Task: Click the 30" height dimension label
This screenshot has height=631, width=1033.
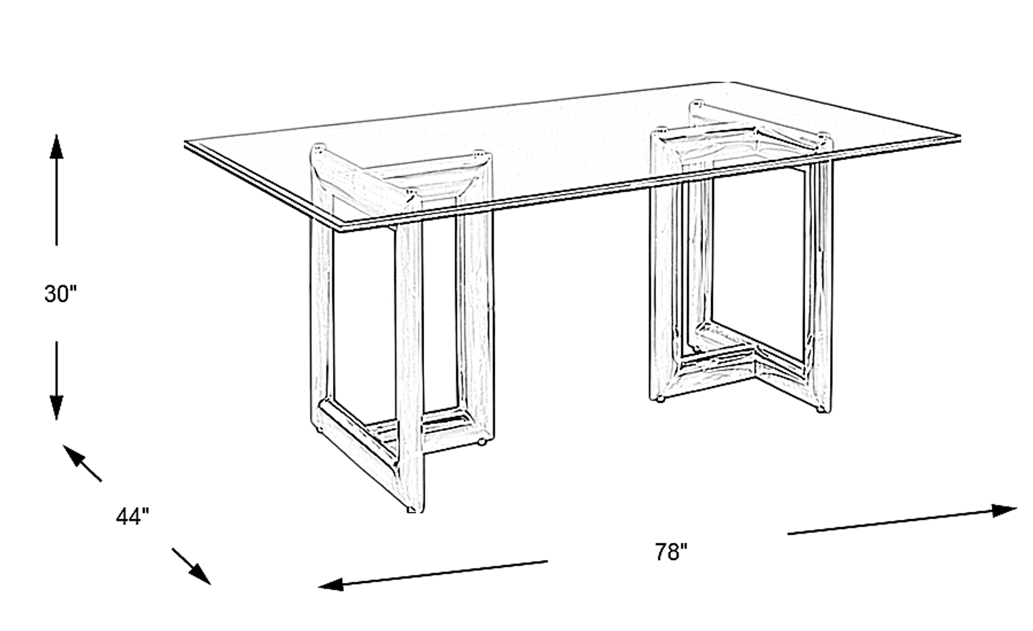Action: pos(60,293)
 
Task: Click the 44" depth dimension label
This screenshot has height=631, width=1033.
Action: pos(132,517)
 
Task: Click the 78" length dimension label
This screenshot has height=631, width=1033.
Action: pos(671,551)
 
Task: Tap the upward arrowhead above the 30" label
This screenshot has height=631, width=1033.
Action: pos(56,146)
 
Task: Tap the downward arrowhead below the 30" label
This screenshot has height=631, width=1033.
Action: pos(56,408)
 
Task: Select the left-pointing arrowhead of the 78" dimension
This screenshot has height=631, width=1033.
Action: pos(331,584)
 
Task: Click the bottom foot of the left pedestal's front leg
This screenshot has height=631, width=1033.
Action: pos(415,508)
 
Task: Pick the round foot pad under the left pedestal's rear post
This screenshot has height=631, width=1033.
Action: pos(482,442)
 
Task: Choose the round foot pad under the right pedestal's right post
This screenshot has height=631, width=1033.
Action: pos(821,409)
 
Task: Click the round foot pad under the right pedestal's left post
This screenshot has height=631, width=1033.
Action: pos(661,399)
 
